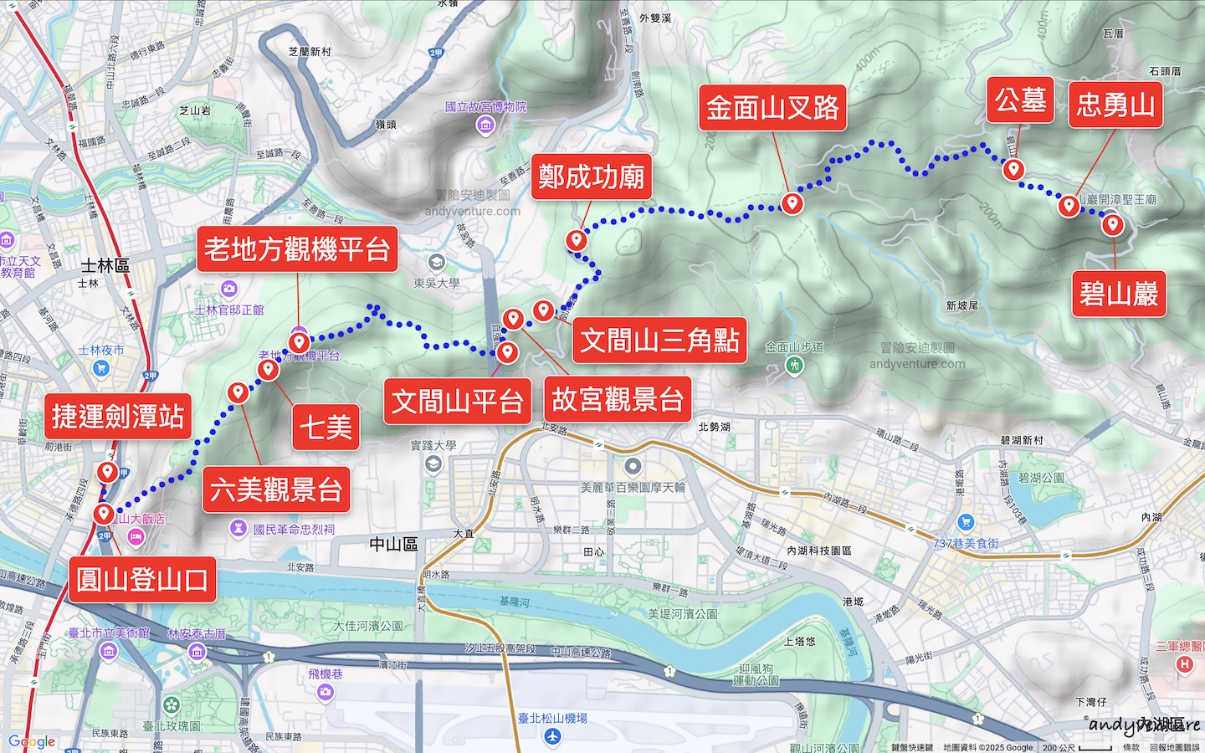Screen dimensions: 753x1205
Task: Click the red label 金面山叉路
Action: (772, 108)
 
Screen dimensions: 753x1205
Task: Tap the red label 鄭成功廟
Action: (591, 177)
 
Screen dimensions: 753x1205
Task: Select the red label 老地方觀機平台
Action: (297, 248)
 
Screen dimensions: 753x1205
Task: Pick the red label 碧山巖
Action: (1119, 294)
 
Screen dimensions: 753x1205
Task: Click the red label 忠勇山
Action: (1115, 105)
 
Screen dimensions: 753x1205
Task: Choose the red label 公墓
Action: (1020, 100)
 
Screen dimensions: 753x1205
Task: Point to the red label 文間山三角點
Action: (660, 340)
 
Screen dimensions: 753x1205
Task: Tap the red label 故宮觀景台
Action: (618, 399)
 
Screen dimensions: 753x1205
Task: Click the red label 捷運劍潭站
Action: (118, 416)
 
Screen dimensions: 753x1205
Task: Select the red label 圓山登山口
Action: (142, 579)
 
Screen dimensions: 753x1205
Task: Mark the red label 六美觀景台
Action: (276, 489)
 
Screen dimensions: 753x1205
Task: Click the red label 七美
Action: (326, 427)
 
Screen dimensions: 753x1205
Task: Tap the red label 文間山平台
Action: (458, 402)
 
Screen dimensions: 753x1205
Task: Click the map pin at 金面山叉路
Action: (792, 202)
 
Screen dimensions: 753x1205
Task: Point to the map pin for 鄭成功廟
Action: (576, 240)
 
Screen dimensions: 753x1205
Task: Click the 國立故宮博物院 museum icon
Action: (485, 125)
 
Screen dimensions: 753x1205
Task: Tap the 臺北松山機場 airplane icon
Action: (551, 736)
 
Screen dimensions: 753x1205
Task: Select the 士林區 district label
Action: (105, 265)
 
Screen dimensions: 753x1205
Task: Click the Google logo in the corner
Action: (32, 741)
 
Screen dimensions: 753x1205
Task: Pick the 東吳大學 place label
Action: (437, 283)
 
